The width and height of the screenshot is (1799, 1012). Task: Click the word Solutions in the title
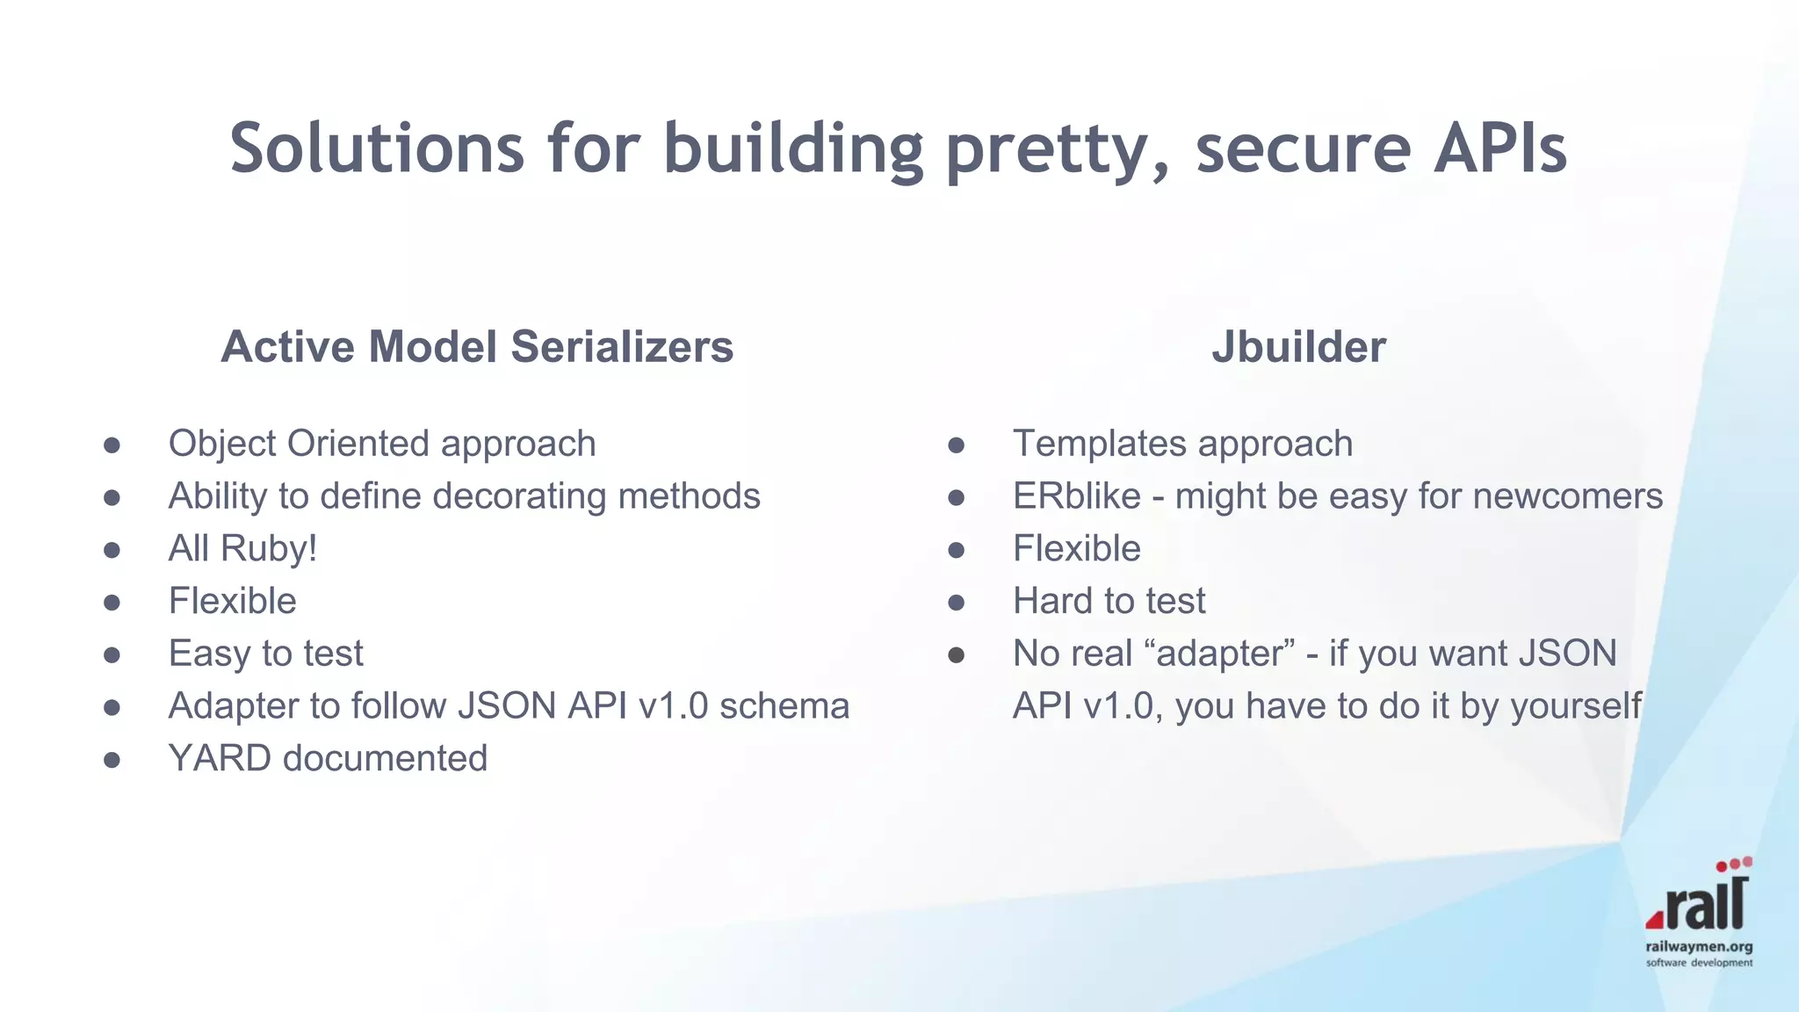point(377,148)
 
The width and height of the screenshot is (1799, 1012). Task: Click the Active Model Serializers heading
point(477,346)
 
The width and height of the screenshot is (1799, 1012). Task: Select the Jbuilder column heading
point(1298,346)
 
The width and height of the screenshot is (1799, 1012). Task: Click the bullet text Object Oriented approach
point(382,444)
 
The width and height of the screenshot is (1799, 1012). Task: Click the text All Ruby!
point(242,549)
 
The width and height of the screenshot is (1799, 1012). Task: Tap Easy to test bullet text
point(265,654)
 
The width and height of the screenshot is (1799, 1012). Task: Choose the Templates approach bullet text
point(1182,444)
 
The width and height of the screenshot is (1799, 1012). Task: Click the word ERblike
point(1076,496)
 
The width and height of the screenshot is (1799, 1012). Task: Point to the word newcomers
point(1567,496)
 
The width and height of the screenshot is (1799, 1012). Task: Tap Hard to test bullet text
point(1109,602)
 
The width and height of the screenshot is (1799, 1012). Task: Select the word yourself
point(1576,706)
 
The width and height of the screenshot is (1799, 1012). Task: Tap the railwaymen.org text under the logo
point(1699,946)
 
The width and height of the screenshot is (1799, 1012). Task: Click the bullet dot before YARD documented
point(112,759)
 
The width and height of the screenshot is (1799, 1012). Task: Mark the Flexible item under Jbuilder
point(1076,549)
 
